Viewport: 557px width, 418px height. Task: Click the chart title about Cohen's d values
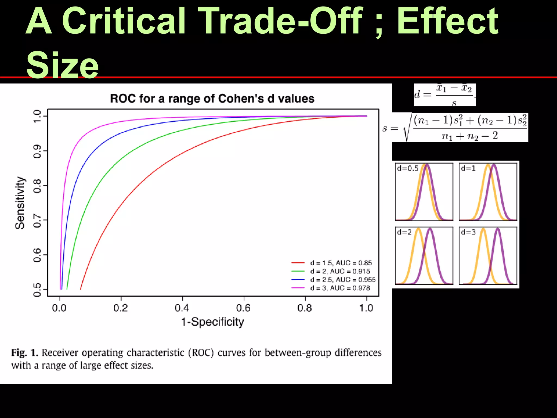(212, 99)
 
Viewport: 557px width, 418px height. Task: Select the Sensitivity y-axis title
(20, 203)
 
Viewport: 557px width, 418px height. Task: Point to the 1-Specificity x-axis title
(212, 322)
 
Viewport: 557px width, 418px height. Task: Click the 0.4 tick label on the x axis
(182, 308)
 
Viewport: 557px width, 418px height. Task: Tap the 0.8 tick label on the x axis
(305, 308)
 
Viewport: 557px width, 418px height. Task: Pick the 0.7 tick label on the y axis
(37, 220)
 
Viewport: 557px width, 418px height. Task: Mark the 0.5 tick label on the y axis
(37, 290)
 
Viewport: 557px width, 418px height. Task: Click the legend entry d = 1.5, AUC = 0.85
(341, 263)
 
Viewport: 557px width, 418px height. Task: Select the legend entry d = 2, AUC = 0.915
(340, 271)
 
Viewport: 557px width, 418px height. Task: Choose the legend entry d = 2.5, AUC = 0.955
(343, 280)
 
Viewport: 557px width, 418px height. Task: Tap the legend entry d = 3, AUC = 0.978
(340, 288)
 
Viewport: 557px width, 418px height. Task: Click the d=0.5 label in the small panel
(408, 168)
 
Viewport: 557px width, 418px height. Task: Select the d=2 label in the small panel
(404, 232)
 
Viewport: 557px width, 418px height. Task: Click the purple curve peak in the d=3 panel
(498, 229)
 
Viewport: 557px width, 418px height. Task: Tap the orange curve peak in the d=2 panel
(419, 229)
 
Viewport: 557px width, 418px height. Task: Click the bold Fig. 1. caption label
(25, 353)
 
